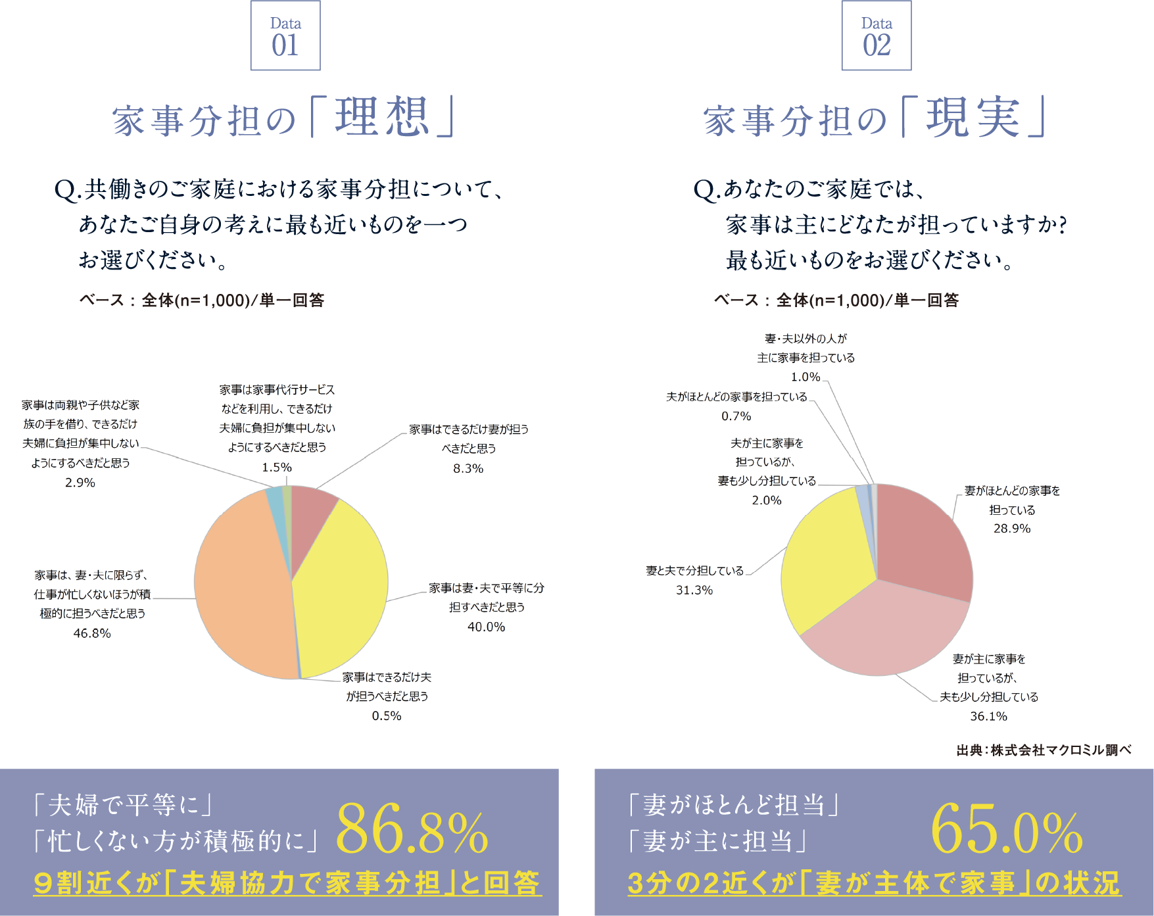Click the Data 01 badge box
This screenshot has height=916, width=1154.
point(285,36)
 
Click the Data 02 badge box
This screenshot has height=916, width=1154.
point(877,36)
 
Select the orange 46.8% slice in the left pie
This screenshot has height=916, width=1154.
point(243,585)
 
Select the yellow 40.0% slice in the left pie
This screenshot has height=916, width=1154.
point(339,585)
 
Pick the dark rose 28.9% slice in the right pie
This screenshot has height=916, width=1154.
point(921,539)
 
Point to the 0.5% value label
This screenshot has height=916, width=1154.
point(387,716)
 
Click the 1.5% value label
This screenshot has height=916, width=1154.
point(277,468)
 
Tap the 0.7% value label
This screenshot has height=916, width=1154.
point(736,416)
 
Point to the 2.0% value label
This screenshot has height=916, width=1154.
point(767,500)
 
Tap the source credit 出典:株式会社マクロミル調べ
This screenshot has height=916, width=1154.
point(1044,750)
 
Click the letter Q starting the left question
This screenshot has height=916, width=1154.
point(66,190)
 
